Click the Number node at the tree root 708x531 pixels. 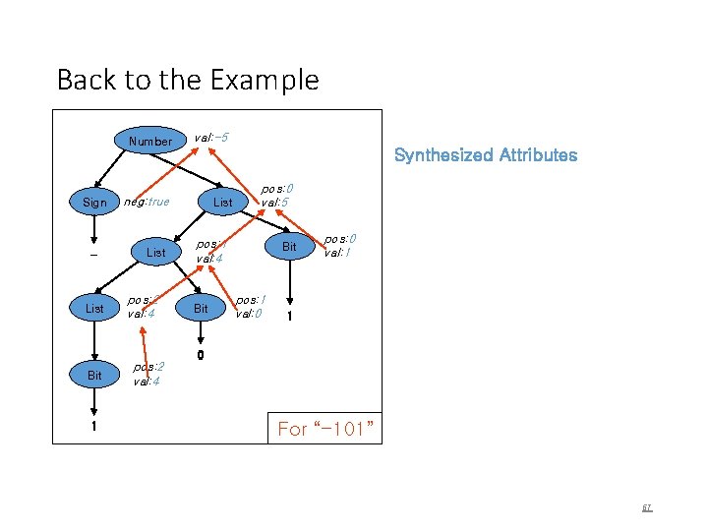tap(149, 141)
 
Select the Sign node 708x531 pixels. tap(94, 203)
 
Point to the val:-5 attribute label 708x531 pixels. tap(211, 137)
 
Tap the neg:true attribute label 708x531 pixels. tap(145, 203)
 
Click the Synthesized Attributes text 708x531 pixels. tap(485, 154)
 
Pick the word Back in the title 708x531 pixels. tap(83, 80)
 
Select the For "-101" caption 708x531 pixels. tap(324, 429)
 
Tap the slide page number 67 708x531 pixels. tap(647, 508)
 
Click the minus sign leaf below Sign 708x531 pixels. tap(94, 253)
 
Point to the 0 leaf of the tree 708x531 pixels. tap(200, 356)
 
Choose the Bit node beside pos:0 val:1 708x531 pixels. tap(289, 246)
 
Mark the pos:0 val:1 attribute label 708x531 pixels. tap(339, 245)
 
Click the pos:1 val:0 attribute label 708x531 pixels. tap(250, 306)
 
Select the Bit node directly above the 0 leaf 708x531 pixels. tap(200, 308)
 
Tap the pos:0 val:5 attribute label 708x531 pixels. tap(276, 195)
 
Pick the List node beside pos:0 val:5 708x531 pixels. tap(223, 203)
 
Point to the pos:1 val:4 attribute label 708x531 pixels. tap(210, 251)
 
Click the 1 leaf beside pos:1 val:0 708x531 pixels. tap(289, 317)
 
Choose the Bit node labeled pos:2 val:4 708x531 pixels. tap(94, 376)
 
